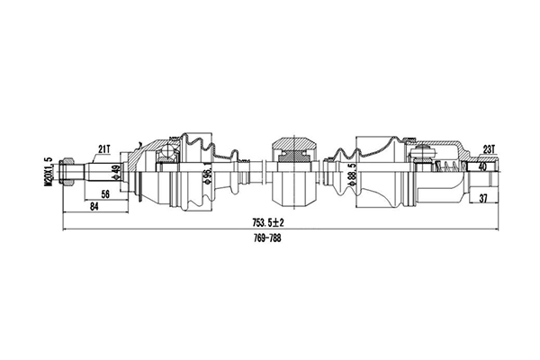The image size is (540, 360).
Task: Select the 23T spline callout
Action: point(489,148)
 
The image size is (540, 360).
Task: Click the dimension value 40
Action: point(483,167)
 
